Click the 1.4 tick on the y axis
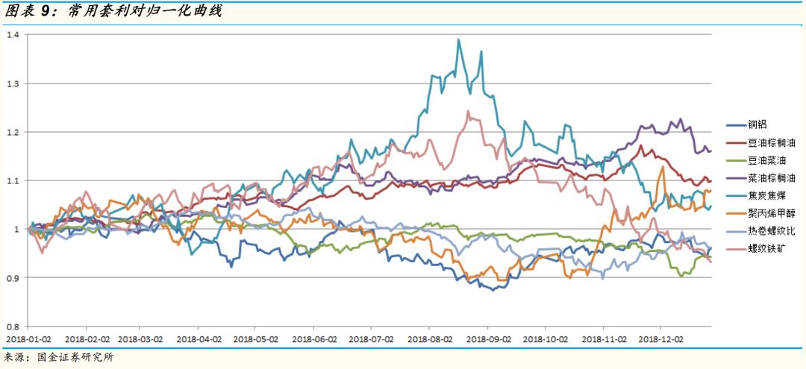13,34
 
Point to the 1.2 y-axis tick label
13,132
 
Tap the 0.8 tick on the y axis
13,327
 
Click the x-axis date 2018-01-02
29,338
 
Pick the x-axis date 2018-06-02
314,338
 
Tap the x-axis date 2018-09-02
488,338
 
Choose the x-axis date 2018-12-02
660,338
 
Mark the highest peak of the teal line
458,40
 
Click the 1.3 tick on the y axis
13,83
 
